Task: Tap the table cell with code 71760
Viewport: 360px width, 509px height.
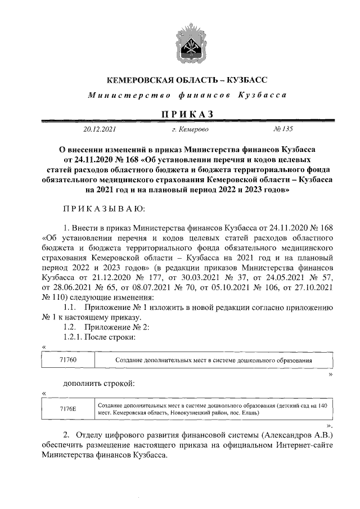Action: [x=67, y=359]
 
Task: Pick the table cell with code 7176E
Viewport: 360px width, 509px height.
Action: [x=67, y=409]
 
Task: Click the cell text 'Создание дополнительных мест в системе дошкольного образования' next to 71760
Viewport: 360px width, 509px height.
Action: [x=213, y=359]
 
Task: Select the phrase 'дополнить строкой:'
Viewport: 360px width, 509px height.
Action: [x=99, y=384]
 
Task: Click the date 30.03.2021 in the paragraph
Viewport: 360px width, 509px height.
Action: [x=200, y=277]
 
